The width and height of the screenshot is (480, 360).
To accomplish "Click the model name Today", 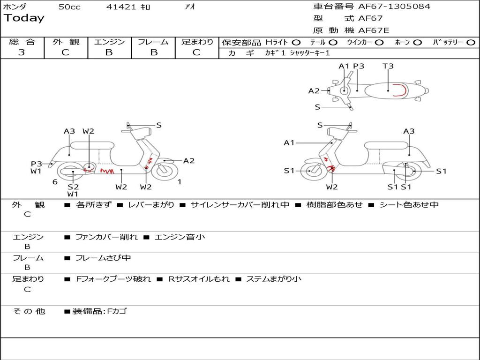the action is pos(24,18).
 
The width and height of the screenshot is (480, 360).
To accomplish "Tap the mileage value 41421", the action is pos(121,7).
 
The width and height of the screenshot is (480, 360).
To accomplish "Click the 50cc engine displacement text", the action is pos(69,7).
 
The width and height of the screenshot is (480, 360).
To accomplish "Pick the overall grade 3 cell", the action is pos(22,52).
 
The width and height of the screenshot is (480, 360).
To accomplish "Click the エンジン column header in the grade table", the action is pos(109,42).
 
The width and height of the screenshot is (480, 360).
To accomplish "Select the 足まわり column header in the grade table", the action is pos(197,42).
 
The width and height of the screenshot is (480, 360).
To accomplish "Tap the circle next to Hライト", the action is pos(296,42).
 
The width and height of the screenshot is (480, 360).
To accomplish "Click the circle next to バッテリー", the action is pos(471,42).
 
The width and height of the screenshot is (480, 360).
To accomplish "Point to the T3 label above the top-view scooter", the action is pos(388,66).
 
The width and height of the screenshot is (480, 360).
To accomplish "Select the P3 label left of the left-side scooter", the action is pos(37,164).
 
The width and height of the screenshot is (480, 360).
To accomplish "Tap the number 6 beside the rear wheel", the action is pos(55,182).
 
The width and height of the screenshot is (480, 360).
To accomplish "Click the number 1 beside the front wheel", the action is pos(179,182).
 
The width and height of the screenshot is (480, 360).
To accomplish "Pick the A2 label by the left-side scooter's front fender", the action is pos(189,161).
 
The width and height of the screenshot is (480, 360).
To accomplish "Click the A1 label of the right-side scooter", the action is pos(289,142).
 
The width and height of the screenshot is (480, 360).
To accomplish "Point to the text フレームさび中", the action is pos(103,258).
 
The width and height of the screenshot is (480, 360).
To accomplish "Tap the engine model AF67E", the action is pos(374,30).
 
